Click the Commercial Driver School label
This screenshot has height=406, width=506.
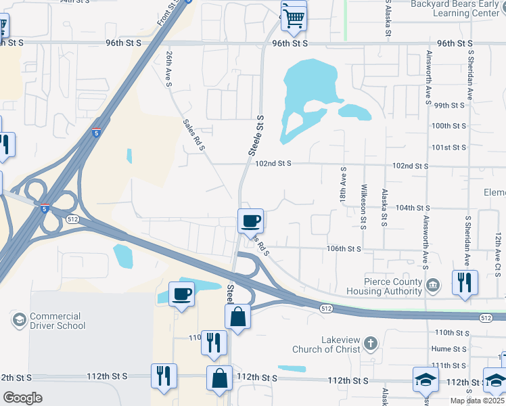58,321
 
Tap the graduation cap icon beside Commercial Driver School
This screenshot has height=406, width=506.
18,318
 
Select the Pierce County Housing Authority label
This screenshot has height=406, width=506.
384,286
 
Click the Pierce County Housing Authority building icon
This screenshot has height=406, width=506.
434,288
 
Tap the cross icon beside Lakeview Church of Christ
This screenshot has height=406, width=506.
370,344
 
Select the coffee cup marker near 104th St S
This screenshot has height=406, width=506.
250,221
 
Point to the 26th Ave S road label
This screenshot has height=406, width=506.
170,70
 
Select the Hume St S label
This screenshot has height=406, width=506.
449,348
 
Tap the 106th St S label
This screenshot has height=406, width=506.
344,248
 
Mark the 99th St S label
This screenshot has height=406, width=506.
450,106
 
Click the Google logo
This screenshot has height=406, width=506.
22,398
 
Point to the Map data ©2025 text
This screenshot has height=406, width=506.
478,401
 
